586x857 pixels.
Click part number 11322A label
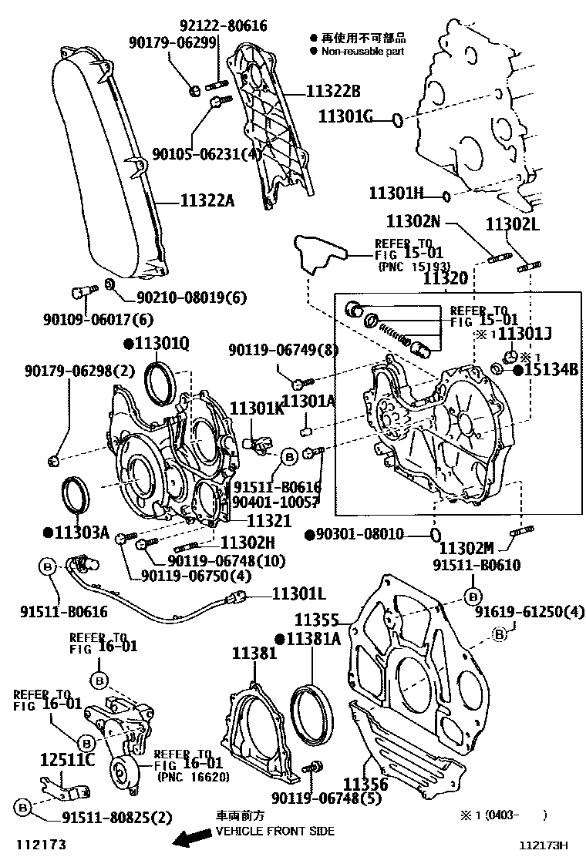207,202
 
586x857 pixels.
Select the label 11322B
333,92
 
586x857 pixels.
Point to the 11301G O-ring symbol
397,119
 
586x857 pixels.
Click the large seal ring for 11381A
312,709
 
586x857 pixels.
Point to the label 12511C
67,761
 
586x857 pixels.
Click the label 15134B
551,370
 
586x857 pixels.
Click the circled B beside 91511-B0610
473,597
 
